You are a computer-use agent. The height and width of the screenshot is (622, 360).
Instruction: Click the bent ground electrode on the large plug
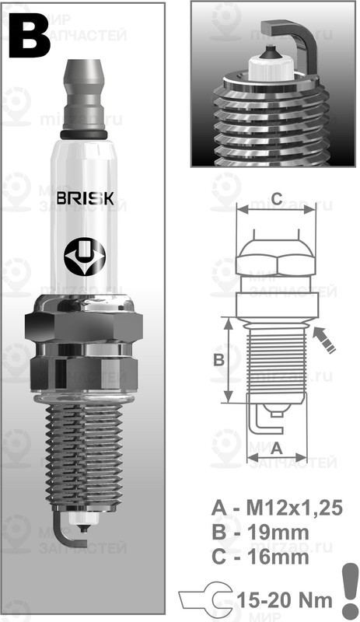(x=68, y=536)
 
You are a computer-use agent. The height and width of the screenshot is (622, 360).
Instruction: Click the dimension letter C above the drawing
(x=276, y=196)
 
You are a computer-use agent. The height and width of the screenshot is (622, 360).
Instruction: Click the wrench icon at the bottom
(x=204, y=599)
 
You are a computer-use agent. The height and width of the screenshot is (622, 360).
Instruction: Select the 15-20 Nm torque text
(x=281, y=599)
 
